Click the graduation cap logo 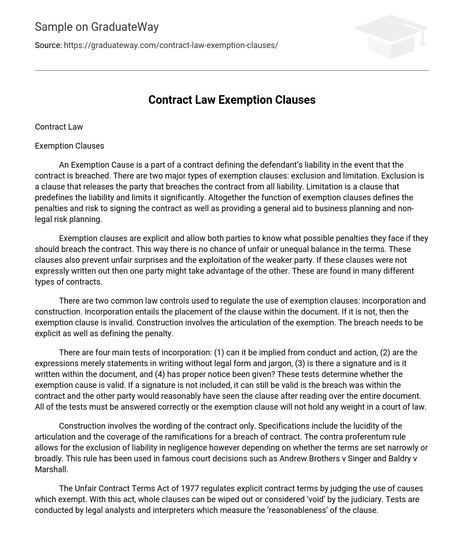point(391,37)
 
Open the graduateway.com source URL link point(171,45)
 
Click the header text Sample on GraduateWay point(97,27)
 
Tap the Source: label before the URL point(48,45)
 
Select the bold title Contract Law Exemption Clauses point(232,100)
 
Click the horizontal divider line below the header point(232,70)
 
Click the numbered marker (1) point(219,353)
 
